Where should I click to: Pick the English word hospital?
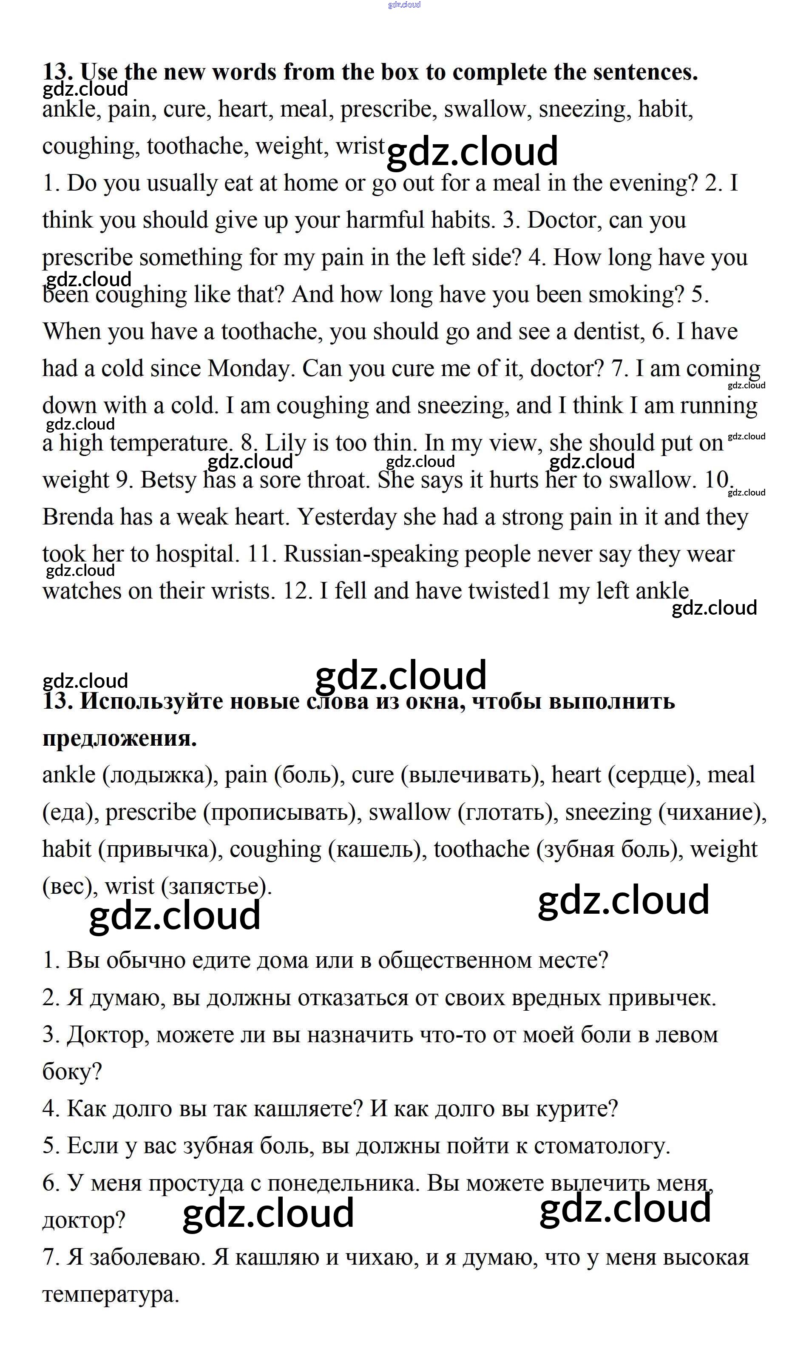(197, 555)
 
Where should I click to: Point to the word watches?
(82, 591)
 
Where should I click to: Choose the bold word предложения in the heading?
(119, 738)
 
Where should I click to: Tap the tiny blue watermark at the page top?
(404, 5)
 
